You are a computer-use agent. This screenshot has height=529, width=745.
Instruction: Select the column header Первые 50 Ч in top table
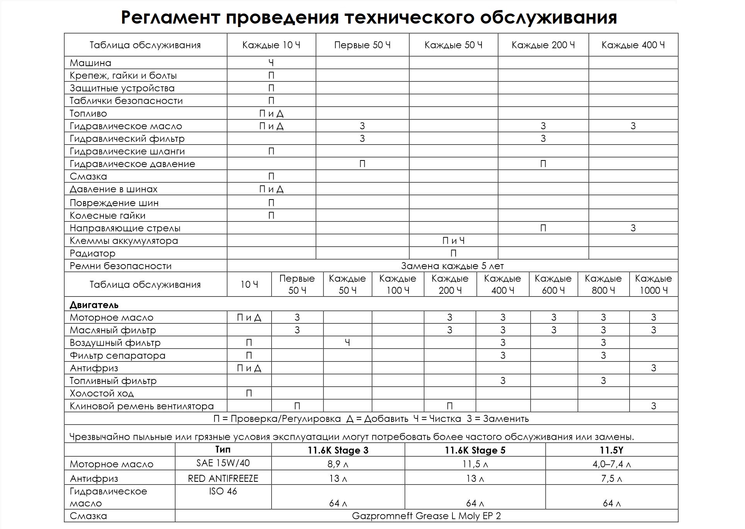coord(362,45)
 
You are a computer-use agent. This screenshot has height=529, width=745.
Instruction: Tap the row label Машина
coord(90,63)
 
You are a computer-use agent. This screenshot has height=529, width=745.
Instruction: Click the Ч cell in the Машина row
coord(271,63)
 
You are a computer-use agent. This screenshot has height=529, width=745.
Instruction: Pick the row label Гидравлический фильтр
coord(127,138)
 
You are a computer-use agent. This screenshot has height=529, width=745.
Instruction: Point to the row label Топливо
coord(88,114)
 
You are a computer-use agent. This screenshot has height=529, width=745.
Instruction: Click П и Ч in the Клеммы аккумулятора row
coord(453,241)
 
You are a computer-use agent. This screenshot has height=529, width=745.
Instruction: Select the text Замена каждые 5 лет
coord(452,266)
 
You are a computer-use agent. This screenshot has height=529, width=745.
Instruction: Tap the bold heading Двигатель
coord(94,305)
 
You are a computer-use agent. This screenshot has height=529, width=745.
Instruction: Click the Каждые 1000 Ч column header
coord(653,285)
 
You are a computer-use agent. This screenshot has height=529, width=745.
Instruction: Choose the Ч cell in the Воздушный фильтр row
coord(347,343)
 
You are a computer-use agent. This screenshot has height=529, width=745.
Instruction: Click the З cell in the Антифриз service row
coord(653,368)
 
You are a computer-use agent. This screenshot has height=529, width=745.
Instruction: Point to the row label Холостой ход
coord(102,394)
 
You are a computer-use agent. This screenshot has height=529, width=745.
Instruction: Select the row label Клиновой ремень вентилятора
coord(141,406)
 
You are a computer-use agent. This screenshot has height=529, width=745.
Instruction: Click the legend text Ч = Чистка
coord(437,419)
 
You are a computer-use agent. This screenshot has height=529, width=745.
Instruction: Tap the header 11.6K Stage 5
coord(475,451)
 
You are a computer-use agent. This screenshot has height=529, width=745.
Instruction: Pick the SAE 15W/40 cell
coord(223,463)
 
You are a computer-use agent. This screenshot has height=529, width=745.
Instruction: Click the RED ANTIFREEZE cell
coord(223,479)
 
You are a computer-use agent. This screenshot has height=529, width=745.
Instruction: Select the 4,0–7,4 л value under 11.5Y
coord(611,464)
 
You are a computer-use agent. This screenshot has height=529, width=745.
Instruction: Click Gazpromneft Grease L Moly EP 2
coord(426,516)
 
